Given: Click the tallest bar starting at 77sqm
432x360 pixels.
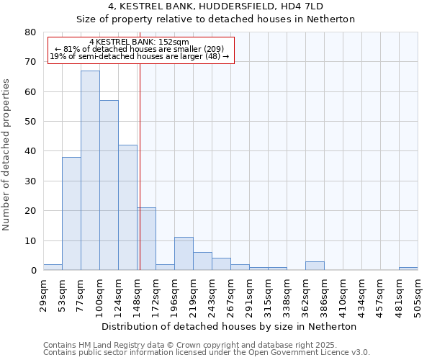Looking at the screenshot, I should click(90, 171).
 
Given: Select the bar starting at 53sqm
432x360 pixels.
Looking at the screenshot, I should click(71, 214).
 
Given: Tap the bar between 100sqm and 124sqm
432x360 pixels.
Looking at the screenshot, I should click(109, 185).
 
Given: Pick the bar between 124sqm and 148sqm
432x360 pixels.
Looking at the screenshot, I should click(127, 207).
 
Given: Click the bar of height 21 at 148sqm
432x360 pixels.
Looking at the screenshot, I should click(147, 239).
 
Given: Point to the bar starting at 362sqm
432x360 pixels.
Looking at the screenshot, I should click(315, 266).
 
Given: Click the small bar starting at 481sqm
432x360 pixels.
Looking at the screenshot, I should click(408, 269).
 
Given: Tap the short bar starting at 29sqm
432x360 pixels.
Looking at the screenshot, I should click(53, 267).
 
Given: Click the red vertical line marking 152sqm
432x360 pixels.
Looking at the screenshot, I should click(140, 166).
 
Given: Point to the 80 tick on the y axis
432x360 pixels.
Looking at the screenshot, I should click(30, 32).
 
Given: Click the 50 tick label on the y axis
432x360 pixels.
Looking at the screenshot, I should click(30, 122).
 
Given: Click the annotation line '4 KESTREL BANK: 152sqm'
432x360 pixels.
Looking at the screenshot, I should click(140, 42).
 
